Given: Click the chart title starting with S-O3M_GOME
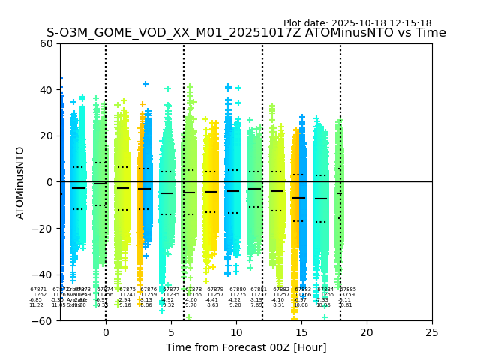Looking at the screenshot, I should [246, 33].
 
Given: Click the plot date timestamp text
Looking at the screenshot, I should [357, 23].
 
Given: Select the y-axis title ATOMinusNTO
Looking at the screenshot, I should [21, 182].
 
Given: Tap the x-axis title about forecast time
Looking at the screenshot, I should [246, 347].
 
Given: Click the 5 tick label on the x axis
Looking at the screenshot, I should [171, 331].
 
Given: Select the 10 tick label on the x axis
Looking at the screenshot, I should [236, 331].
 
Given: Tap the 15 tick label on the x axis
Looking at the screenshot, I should [301, 331].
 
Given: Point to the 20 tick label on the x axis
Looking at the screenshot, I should [367, 331].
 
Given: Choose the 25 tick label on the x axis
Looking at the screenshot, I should [432, 331].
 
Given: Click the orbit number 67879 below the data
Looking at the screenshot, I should [215, 289].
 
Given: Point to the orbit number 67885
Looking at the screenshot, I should [348, 289].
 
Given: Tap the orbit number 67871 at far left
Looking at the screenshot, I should [38, 289].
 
